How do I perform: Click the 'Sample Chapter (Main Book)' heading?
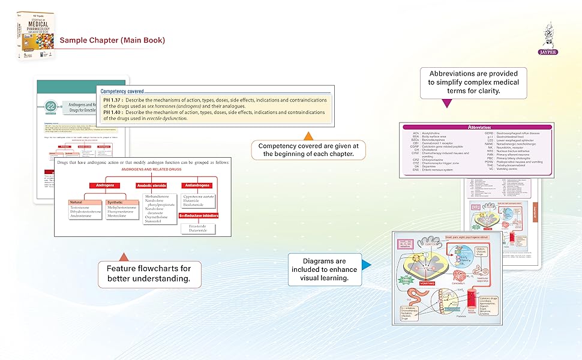112,40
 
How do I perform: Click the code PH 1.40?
113,112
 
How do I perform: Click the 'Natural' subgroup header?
76,202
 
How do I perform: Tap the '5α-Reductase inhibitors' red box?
199,215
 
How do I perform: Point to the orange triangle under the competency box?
308,136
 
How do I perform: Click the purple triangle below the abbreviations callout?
447,104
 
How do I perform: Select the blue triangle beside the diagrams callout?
367,265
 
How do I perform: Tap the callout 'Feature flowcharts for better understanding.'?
149,274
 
